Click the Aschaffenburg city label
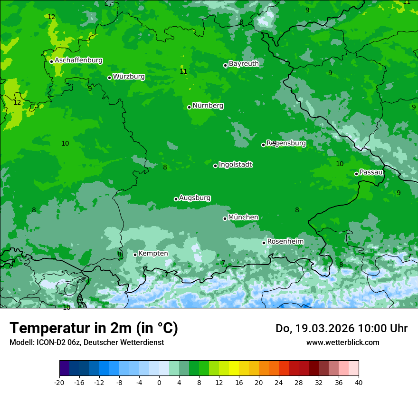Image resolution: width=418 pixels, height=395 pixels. tap(78, 60)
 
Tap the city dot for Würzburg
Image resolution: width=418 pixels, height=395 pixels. tap(109, 78)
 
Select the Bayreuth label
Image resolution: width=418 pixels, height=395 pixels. tap(244, 63)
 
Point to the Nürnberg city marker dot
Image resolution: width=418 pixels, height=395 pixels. tap(189, 107)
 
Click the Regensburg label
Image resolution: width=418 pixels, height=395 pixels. tap(286, 143)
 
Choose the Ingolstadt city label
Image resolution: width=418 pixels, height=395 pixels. tap(235, 164)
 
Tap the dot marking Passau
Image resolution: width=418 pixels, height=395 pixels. tap(356, 174)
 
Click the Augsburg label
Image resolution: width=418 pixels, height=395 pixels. tap(195, 197)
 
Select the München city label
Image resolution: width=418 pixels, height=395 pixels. tap(243, 217)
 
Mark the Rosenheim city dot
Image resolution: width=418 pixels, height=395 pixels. tap(264, 243)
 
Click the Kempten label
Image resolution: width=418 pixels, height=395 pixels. tap(153, 253)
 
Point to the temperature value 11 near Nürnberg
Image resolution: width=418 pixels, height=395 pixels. tap(183, 71)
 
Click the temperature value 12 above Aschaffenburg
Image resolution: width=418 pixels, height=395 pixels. tap(51, 17)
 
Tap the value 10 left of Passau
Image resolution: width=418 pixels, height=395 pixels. tap(340, 164)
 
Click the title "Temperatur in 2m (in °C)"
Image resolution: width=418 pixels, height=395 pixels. tap(94, 328)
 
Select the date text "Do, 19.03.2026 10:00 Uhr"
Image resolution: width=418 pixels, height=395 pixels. tap(341, 328)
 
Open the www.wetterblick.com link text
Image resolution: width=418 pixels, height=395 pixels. tap(342, 342)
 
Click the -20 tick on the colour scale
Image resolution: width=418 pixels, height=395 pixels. tap(59, 382)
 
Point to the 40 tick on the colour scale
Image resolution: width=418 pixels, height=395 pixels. tap(359, 382)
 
